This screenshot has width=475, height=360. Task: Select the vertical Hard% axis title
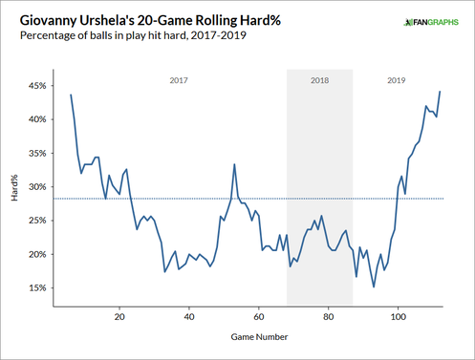[x=13, y=186]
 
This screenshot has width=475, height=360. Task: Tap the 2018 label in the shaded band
[x=320, y=81]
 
